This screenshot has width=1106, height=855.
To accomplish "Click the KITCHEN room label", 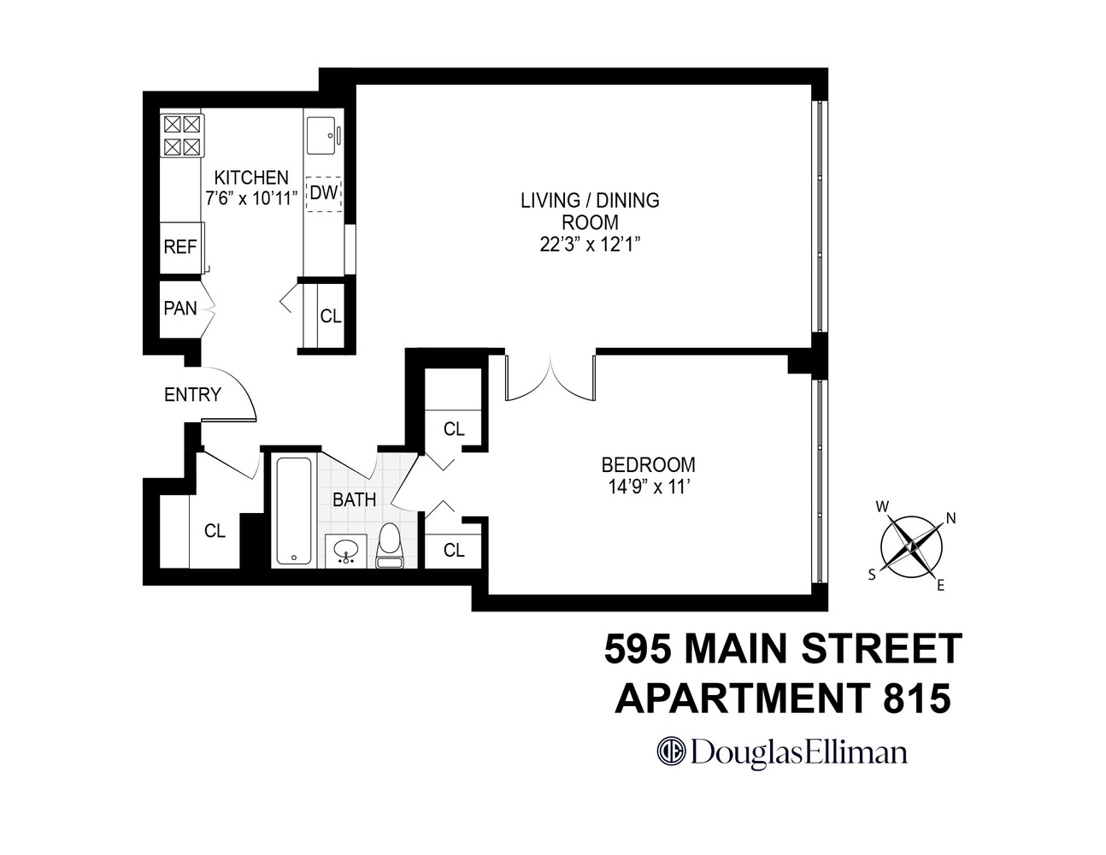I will coord(250,178).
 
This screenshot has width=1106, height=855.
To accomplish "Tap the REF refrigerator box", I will coord(180,247).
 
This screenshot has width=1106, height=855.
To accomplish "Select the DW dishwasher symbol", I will coord(323,193).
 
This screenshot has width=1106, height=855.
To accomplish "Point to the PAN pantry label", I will coord(180,307).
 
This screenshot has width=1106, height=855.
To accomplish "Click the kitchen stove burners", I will coord(182,135).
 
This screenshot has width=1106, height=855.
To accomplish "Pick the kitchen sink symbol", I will coord(324,134).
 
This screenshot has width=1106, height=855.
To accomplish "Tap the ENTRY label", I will coord(192,395).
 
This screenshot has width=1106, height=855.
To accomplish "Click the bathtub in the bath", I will coord(293,510).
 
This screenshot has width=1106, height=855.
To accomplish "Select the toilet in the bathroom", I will coord(390,545).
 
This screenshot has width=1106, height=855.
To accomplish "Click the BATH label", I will coord(354,500).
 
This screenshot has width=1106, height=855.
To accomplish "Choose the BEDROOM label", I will coord(648,465).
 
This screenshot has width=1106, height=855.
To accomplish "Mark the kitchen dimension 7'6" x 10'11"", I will coord(250,198).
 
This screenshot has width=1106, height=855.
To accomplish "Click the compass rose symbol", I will coord(912,545).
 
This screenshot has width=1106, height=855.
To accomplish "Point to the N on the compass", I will coord(950,516).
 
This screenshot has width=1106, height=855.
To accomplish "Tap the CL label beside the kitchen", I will coord(331,315).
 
